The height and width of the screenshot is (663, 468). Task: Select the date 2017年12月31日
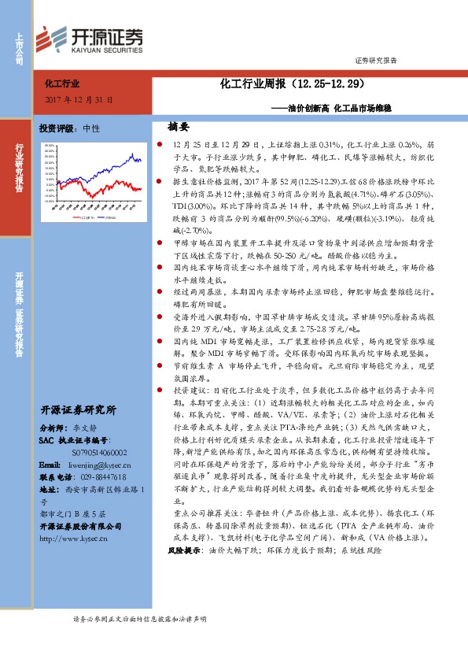point(79,100)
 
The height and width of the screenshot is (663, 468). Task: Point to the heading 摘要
point(179,126)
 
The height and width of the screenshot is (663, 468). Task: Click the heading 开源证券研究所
point(78,409)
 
